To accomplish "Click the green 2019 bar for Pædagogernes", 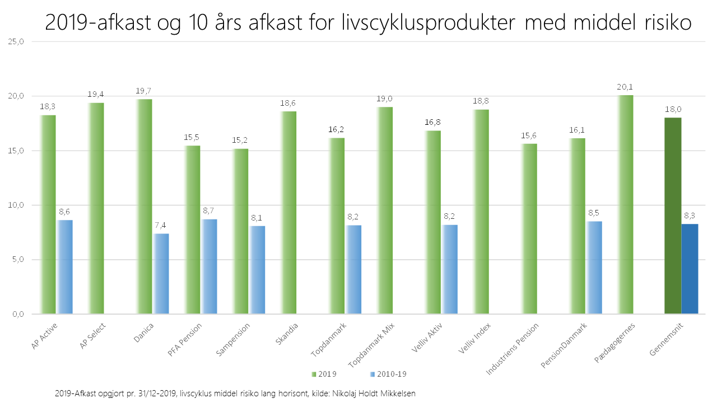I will (x=626, y=204).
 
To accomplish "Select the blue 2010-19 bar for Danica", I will (x=161, y=274).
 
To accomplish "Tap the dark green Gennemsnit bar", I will (x=673, y=215).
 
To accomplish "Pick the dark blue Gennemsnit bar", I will (x=690, y=269).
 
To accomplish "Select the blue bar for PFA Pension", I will (x=209, y=266).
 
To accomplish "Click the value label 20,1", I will (x=626, y=87).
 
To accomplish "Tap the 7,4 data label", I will (x=161, y=225).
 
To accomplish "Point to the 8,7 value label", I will (x=209, y=210).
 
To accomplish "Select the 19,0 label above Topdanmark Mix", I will (x=385, y=99).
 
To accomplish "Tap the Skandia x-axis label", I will (x=287, y=334).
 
